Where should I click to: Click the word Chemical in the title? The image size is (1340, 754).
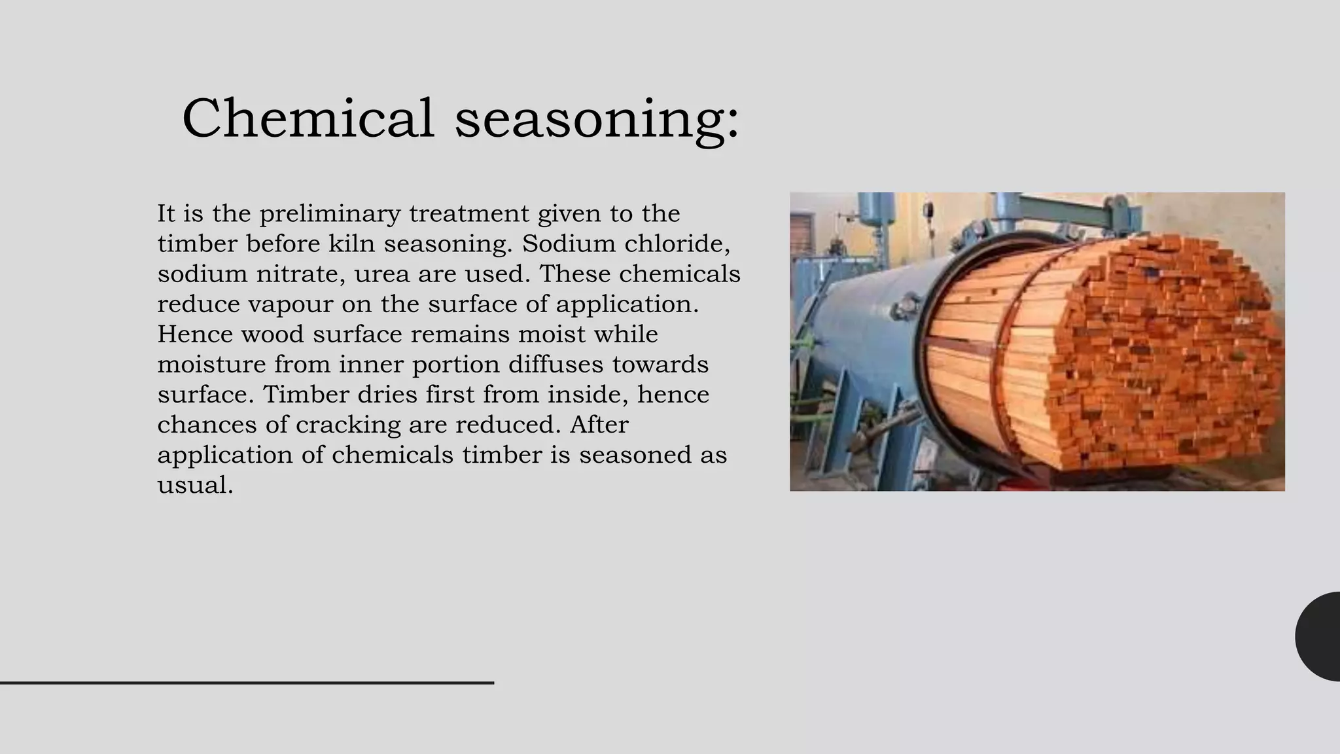click(308, 118)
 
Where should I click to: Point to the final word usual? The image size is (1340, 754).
click(195, 486)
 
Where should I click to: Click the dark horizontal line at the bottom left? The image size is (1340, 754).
click(247, 683)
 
